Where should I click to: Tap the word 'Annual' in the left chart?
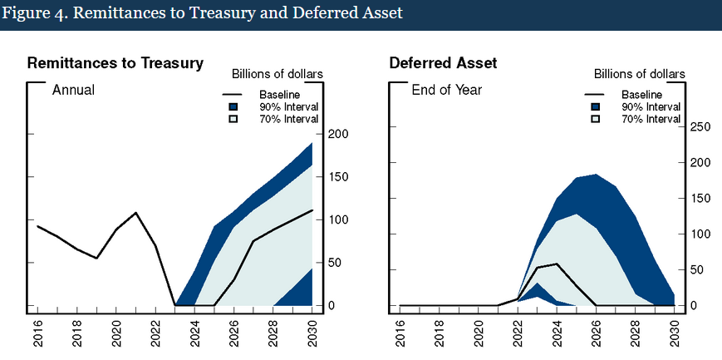click(x=73, y=89)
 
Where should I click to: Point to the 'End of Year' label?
click(x=447, y=89)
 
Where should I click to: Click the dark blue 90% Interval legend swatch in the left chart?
click(x=234, y=107)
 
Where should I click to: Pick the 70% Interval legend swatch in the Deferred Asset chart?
click(x=596, y=120)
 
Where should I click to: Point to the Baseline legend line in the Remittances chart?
click(x=234, y=95)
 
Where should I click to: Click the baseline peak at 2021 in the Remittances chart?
click(x=135, y=213)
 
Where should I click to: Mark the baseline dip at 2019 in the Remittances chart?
click(x=96, y=258)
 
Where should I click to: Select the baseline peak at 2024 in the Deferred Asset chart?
click(x=555, y=264)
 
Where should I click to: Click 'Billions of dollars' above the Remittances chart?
click(x=278, y=75)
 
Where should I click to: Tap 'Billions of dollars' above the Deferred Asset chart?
click(x=640, y=75)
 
